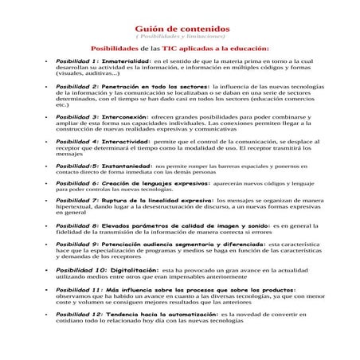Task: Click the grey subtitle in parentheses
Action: [179, 37]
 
